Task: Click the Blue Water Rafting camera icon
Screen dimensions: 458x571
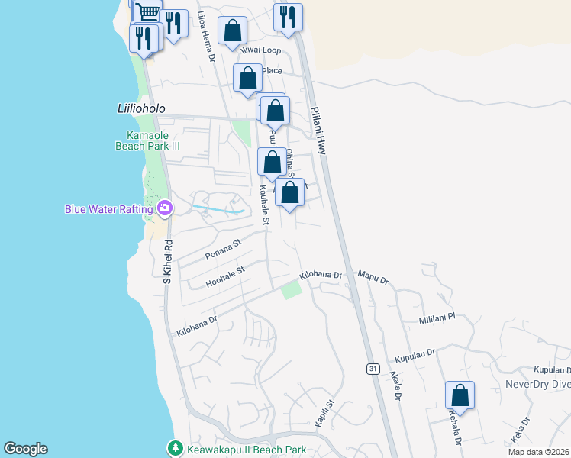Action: (164, 208)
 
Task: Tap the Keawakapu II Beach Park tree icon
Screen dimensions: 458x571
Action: (175, 448)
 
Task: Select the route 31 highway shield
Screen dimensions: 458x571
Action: (373, 369)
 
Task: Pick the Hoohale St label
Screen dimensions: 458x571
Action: (225, 276)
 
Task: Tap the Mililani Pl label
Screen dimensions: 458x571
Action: (437, 317)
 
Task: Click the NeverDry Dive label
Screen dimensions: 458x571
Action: (538, 384)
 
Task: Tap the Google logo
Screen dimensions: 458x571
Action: (25, 449)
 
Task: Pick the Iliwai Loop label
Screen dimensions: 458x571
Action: (260, 50)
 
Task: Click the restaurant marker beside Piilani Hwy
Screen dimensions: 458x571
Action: (288, 18)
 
